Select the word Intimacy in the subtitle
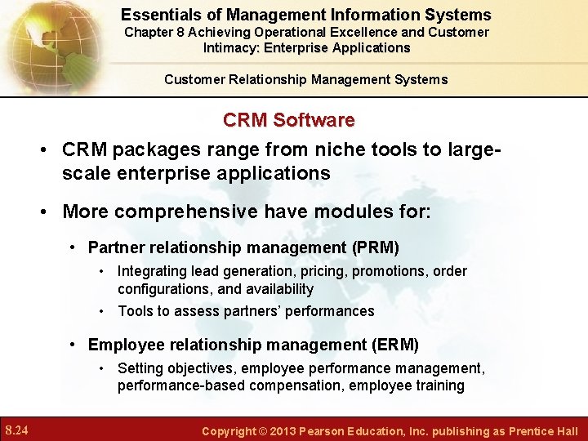(x=231, y=47)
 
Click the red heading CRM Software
(x=289, y=120)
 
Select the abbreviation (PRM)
(x=375, y=247)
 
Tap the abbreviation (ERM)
(x=394, y=344)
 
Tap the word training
(x=440, y=385)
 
